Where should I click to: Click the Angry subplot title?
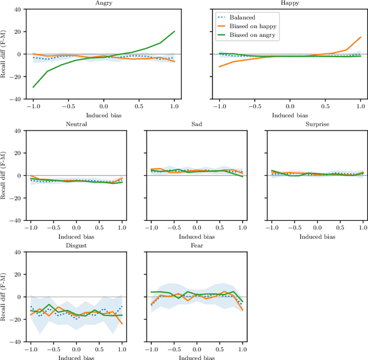103,3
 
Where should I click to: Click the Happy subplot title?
290,3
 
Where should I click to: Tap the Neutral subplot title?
76,125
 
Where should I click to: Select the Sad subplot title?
196,125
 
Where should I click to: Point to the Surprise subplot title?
316,125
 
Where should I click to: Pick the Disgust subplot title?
76,246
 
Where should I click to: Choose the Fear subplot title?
196,246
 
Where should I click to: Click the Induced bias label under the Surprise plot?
316,236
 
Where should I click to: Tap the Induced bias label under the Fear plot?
196,357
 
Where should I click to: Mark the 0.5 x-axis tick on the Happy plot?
325,106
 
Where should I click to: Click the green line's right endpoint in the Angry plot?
174,32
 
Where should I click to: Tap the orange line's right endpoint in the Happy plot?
361,37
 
